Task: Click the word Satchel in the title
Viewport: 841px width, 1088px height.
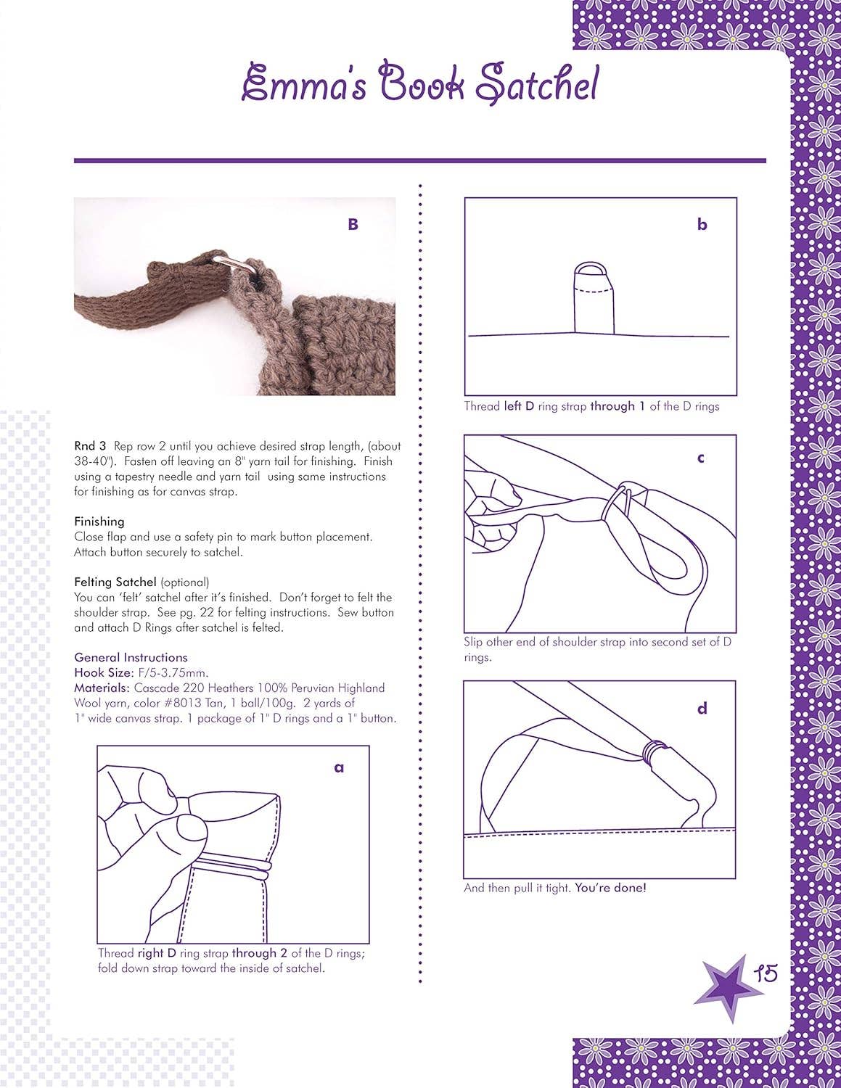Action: click(x=537, y=85)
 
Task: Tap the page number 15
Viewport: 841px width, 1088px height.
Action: click(x=765, y=973)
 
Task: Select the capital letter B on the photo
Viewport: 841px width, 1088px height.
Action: click(x=353, y=225)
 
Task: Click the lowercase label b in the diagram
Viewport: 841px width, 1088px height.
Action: click(x=702, y=225)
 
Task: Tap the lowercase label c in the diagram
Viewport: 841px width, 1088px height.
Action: click(x=700, y=458)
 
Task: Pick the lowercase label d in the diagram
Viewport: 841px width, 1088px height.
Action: click(x=702, y=708)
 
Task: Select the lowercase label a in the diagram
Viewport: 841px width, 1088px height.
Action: click(x=339, y=767)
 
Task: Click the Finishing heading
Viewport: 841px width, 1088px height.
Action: click(x=99, y=522)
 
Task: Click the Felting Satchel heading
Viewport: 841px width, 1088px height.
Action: click(x=115, y=582)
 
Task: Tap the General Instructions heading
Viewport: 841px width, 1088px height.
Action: click(x=131, y=657)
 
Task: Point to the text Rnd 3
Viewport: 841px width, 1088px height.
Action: click(x=90, y=446)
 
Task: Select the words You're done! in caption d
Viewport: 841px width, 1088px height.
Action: click(x=610, y=888)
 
